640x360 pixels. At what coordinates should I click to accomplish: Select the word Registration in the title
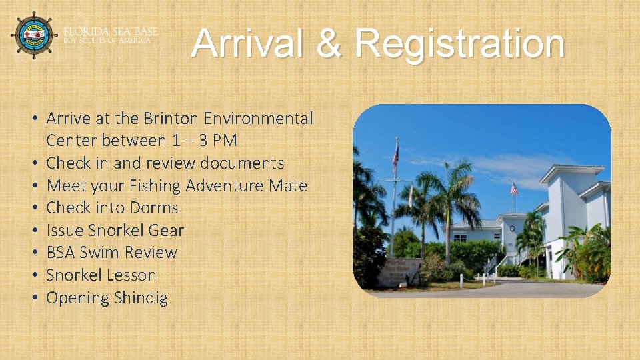pos(459,45)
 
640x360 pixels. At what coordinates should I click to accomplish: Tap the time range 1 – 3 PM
pos(205,141)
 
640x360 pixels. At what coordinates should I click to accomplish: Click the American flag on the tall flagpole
pos(396,156)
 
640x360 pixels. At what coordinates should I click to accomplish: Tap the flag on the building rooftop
pos(514,189)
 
